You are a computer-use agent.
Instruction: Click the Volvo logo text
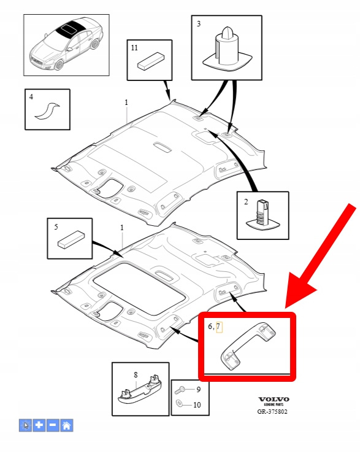click(x=274, y=399)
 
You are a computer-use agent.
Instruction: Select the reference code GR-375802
click(x=272, y=411)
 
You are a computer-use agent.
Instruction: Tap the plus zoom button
click(x=39, y=425)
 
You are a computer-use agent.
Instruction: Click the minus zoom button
click(x=53, y=425)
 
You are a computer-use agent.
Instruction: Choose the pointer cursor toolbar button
click(x=25, y=425)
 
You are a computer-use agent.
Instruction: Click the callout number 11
click(x=134, y=48)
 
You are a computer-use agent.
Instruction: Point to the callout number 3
click(x=199, y=24)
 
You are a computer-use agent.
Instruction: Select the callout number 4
click(x=31, y=97)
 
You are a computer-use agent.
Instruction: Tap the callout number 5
click(x=56, y=226)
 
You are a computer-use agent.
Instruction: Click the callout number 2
click(x=246, y=202)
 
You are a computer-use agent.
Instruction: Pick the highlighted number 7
click(x=218, y=327)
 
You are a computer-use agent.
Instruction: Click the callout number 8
click(x=136, y=374)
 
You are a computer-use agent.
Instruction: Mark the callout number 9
click(x=198, y=389)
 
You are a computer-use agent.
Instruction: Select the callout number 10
click(x=197, y=405)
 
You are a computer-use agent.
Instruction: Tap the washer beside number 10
click(x=178, y=403)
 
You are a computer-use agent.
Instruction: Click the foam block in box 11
click(x=150, y=61)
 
